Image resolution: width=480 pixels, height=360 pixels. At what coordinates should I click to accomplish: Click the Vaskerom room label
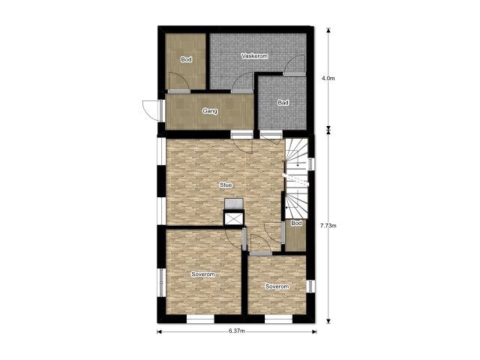pyautogui.click(x=254, y=56)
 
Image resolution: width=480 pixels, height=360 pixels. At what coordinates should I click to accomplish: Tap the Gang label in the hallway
pyautogui.click(x=210, y=111)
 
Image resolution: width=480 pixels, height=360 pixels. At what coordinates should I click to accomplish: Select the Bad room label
pyautogui.click(x=283, y=103)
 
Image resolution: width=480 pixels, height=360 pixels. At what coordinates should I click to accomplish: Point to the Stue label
pyautogui.click(x=226, y=185)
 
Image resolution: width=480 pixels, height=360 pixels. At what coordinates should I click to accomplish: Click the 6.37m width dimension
pyautogui.click(x=236, y=331)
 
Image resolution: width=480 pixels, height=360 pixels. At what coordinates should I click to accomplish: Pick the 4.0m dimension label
pyautogui.click(x=328, y=78)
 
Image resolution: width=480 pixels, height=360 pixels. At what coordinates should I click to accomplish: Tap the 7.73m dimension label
pyautogui.click(x=328, y=226)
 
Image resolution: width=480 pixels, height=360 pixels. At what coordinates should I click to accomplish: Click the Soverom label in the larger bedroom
pyautogui.click(x=203, y=274)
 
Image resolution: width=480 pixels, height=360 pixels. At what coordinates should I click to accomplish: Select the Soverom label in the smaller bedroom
pyautogui.click(x=277, y=286)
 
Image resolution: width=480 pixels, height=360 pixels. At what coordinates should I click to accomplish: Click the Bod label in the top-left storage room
pyautogui.click(x=186, y=59)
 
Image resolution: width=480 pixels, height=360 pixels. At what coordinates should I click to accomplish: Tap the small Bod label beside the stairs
pyautogui.click(x=296, y=223)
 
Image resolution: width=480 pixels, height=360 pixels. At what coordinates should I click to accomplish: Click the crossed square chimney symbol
pyautogui.click(x=234, y=218)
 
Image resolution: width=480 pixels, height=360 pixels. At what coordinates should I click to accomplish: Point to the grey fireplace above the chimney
pyautogui.click(x=234, y=204)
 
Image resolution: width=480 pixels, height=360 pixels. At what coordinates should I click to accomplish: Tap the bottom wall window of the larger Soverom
pyautogui.click(x=200, y=319)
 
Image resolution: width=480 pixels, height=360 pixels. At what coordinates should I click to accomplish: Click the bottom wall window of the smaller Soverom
pyautogui.click(x=278, y=319)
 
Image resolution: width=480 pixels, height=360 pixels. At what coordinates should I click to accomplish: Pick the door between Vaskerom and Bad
pyautogui.click(x=294, y=65)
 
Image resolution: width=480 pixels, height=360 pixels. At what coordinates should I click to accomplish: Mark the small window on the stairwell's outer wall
pyautogui.click(x=310, y=163)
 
